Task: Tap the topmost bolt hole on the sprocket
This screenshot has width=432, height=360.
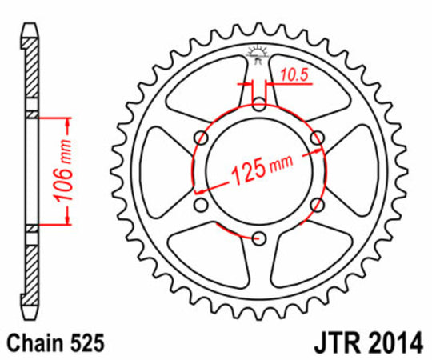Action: click(x=258, y=104)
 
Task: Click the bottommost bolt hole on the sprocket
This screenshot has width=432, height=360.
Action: click(x=258, y=238)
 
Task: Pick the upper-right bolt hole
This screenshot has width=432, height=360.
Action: click(x=316, y=138)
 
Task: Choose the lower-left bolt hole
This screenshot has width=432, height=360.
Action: click(x=201, y=204)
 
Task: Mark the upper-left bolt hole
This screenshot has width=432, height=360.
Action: click(x=201, y=138)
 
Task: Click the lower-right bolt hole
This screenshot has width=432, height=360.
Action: click(x=316, y=204)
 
